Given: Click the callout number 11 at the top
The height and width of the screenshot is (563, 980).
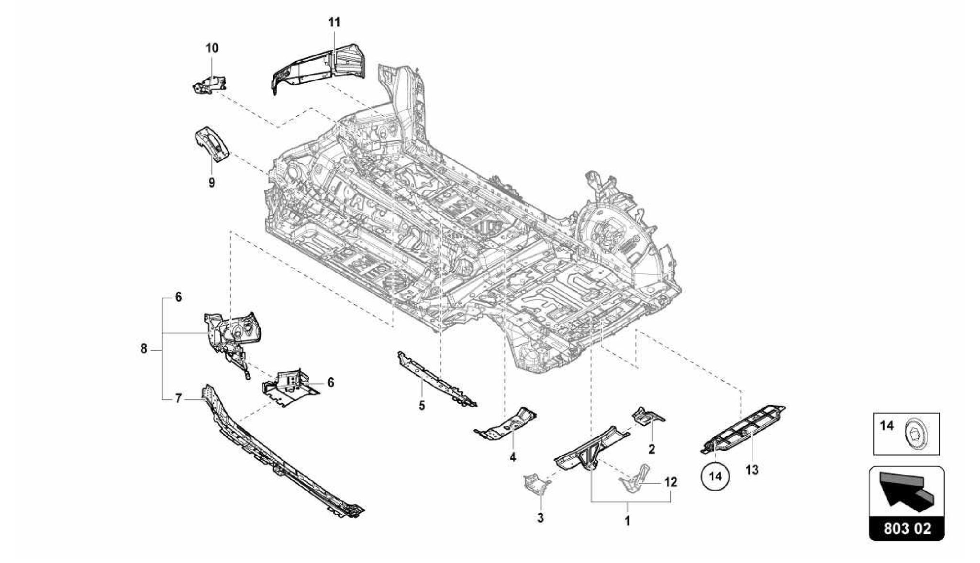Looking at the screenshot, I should [334, 22].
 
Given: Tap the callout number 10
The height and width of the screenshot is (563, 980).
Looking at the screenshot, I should [212, 48].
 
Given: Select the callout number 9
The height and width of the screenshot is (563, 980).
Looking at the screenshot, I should [212, 183].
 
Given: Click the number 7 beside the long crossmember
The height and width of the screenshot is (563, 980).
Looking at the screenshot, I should [178, 398].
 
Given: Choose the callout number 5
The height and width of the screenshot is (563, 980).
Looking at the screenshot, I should [422, 406].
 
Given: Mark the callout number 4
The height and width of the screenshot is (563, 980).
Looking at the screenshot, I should [513, 457].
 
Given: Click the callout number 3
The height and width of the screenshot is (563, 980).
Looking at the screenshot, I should [540, 518].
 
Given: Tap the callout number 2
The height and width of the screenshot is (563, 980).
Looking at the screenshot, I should [651, 449].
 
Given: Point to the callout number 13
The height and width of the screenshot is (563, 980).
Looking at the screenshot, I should [752, 470].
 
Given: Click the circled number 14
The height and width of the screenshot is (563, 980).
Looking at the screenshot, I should [715, 476].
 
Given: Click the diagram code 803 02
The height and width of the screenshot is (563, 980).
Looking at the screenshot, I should [906, 529].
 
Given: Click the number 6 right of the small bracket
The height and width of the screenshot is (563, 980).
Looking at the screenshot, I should [330, 382].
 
